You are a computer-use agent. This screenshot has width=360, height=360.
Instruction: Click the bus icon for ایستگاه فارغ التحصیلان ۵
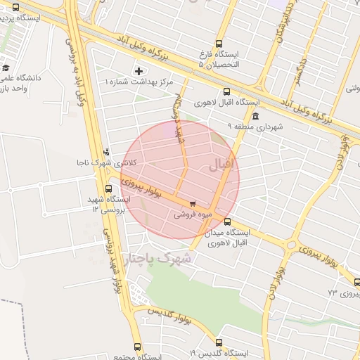coord(219,44)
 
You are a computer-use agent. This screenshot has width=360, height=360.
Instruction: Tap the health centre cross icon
coord(139,71)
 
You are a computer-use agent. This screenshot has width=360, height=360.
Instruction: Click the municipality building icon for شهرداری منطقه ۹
coord(255,116)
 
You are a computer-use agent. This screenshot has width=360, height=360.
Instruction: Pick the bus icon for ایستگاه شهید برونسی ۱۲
coord(108,188)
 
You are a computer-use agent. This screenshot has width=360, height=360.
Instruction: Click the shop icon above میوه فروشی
coord(193,205)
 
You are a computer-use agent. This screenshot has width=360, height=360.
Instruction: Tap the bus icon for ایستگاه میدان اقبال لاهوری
coord(226,221)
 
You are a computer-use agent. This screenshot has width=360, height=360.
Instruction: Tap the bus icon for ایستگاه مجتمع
coord(137,347)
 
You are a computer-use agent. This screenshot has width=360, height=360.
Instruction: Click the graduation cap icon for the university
coord(6,68)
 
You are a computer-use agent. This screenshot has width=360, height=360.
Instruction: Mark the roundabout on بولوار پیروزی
coord(291,245)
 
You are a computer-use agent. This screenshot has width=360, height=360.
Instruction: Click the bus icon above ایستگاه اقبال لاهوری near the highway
coord(226,91)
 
